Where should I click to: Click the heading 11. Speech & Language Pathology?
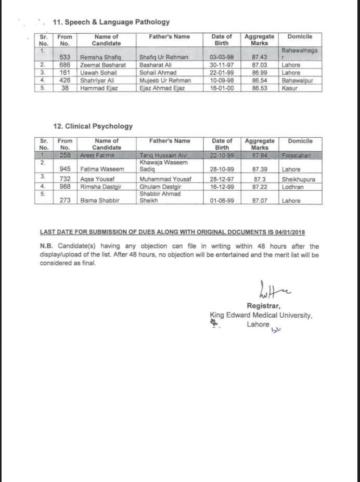pos(111,22)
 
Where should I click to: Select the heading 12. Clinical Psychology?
pos(93,126)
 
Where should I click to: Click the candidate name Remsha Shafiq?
pos(101,57)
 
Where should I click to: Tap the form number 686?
pos(65,65)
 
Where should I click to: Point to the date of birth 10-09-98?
pos(221,81)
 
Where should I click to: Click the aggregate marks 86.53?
pos(259,89)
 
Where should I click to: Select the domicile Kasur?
pos(289,89)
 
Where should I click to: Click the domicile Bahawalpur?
pos(298,81)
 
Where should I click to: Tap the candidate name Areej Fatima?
pos(98,155)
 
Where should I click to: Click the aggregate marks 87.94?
pos(259,155)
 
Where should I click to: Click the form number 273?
pos(65,201)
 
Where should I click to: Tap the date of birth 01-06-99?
pos(221,201)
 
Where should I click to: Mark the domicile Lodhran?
pos(293,187)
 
